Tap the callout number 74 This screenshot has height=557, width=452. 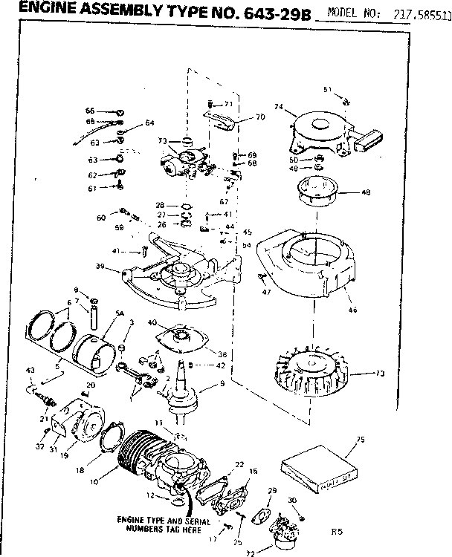tap(280, 107)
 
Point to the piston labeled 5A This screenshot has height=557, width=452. tap(97, 348)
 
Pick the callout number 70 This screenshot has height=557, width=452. tap(259, 117)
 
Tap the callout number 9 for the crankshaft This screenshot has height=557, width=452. tap(221, 384)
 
